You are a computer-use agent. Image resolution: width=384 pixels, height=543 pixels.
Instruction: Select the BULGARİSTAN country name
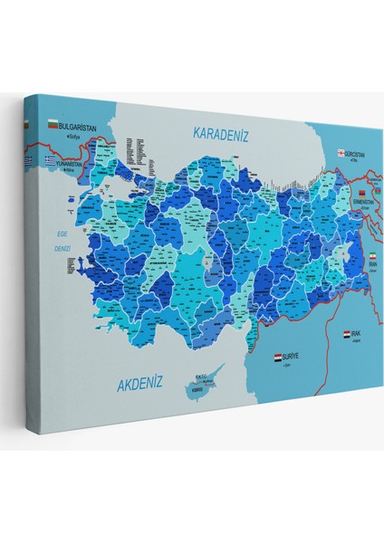tap(77, 129)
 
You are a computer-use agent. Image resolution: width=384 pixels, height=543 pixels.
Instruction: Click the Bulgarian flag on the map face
tap(52, 123)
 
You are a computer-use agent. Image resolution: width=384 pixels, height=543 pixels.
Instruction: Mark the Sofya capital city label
tap(68, 137)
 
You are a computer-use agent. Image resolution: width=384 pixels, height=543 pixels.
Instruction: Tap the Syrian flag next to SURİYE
tap(277, 358)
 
